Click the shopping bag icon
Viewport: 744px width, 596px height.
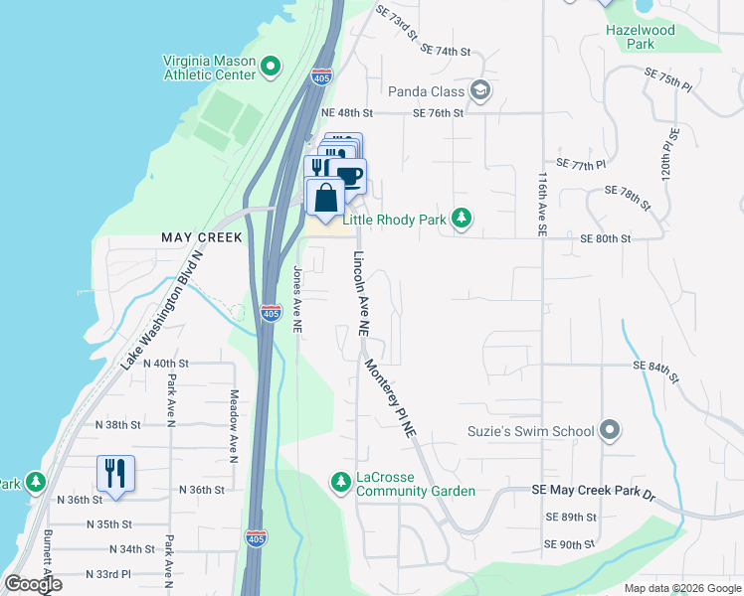pyautogui.click(x=325, y=199)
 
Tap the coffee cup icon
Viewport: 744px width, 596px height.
pyautogui.click(x=349, y=177)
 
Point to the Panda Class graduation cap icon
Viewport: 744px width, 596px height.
pyautogui.click(x=481, y=91)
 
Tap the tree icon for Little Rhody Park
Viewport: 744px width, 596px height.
pyautogui.click(x=461, y=218)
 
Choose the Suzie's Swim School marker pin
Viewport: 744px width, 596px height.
pyautogui.click(x=610, y=431)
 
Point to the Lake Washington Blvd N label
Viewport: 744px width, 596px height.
pyautogui.click(x=162, y=309)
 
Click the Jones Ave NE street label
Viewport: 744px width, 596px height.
pyautogui.click(x=296, y=298)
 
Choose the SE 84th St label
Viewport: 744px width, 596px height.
pyautogui.click(x=655, y=372)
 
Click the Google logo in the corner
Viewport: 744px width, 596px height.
pyautogui.click(x=33, y=584)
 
